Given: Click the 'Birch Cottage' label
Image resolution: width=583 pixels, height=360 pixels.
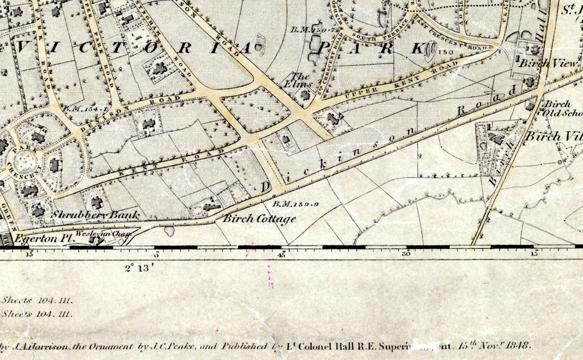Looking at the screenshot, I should (259, 219).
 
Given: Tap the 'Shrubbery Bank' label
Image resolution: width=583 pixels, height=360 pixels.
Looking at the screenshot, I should (95, 214).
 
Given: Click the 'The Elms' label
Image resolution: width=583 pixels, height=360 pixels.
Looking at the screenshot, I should (302, 80).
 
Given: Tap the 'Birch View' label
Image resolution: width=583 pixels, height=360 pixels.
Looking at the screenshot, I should (547, 64).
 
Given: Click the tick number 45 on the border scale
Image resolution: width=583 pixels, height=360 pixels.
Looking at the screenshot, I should (281, 254).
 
